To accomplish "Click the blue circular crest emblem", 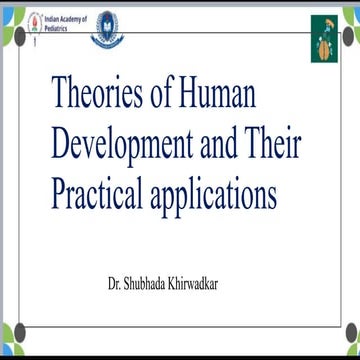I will tap(109, 28).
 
